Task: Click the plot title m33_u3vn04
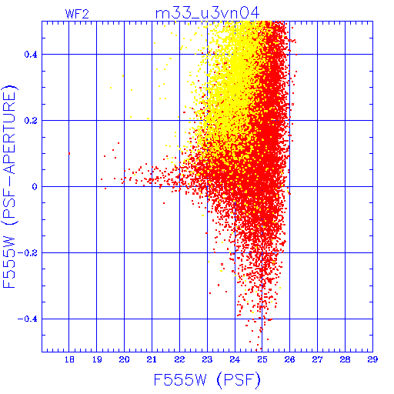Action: pos(208,13)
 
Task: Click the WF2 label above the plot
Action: pos(77,14)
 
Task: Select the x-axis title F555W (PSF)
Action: pos(207,379)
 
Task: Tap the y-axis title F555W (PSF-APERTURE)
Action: pos(9,186)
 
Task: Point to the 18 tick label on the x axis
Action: pos(69,359)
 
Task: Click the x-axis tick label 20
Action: pos(124,359)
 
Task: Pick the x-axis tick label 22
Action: pos(179,359)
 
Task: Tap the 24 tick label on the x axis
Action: pos(235,359)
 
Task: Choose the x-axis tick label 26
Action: pos(290,359)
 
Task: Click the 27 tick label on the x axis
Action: pos(317,359)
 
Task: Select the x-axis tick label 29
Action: pos(372,359)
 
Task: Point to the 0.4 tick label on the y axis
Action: pos(31,55)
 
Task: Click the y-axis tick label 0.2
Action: pos(31,121)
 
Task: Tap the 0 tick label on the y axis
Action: pos(35,187)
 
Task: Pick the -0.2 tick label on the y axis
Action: pos(28,253)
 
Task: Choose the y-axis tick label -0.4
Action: pos(28,319)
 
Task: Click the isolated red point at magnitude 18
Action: pos(69,154)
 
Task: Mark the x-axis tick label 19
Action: pos(97,359)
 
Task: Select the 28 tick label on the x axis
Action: pos(345,359)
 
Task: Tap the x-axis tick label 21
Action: pos(152,359)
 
